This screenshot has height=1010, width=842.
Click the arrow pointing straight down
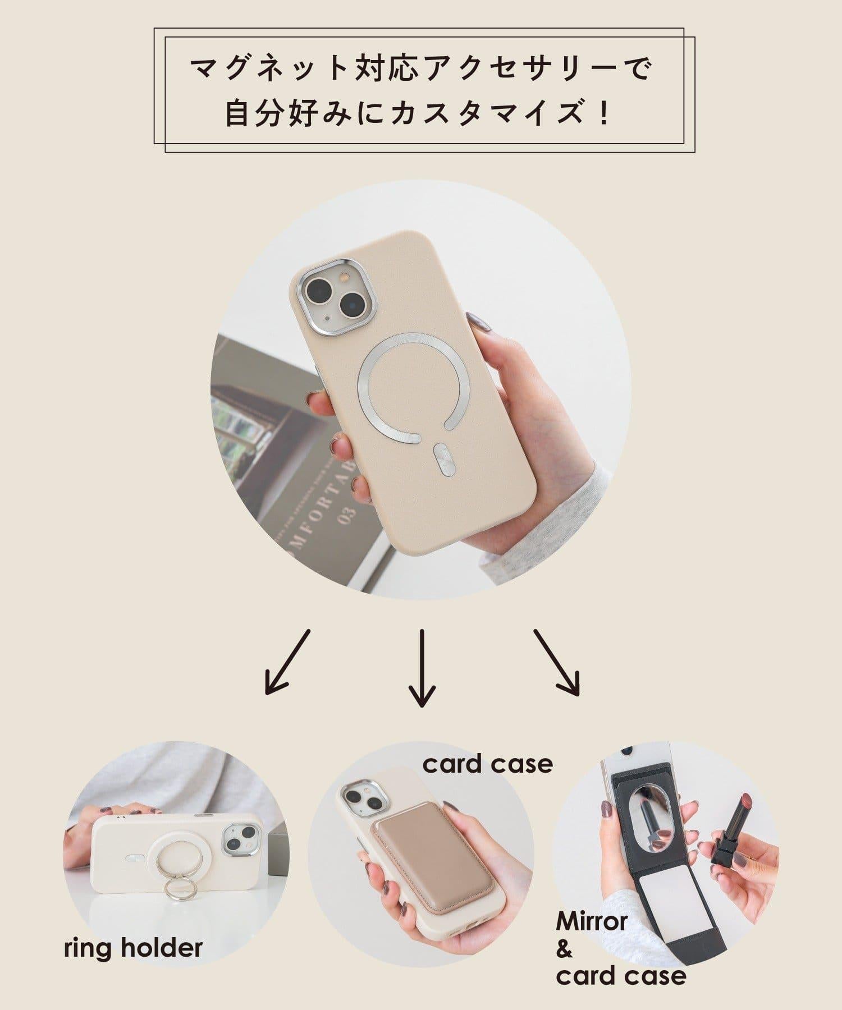pos(422,668)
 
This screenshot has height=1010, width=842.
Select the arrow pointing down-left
pos(287,662)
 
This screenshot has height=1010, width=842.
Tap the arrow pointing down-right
pos(556,662)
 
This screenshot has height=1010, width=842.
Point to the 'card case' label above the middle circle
pos(488,764)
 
